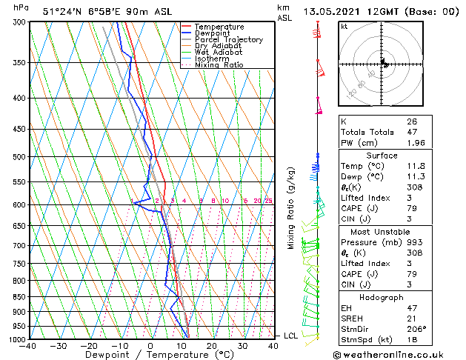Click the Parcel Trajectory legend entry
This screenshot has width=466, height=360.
(x=228, y=39)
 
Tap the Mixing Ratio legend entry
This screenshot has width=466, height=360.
(x=219, y=65)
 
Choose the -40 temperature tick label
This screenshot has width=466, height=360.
(x=28, y=346)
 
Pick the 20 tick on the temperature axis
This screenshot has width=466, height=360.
(x=212, y=346)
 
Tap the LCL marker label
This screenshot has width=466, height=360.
(x=292, y=336)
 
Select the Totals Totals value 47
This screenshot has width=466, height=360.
(x=411, y=132)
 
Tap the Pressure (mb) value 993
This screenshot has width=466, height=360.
(x=414, y=242)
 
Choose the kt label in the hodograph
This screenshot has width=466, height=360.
(x=344, y=26)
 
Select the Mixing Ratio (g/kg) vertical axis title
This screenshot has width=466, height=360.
(x=291, y=208)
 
